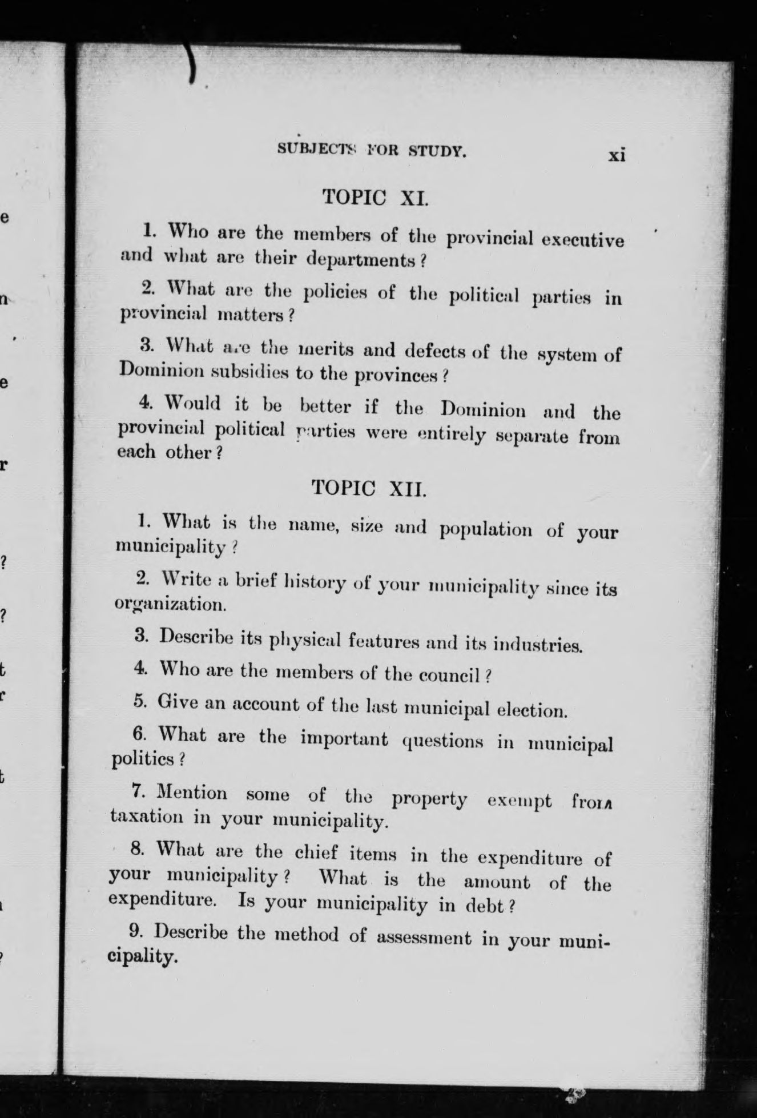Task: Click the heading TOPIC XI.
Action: click(375, 198)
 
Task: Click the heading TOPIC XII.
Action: click(369, 488)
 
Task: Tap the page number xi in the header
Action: click(617, 155)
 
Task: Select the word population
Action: click(485, 529)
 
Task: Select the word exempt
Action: click(520, 801)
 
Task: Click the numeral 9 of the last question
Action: click(135, 931)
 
